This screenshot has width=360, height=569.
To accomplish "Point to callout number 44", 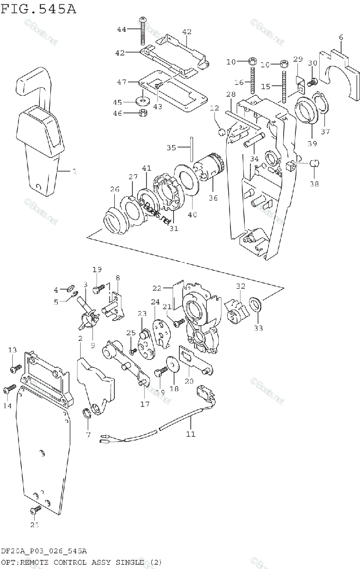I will [122, 29].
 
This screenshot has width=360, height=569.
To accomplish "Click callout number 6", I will [341, 37].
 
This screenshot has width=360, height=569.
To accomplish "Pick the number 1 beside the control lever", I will [74, 171].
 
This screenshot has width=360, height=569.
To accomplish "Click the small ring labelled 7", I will [87, 413].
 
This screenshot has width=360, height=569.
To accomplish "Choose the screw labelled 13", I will [17, 367].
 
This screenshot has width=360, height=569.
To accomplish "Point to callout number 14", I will [6, 406].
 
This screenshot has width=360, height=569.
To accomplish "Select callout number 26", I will [114, 190].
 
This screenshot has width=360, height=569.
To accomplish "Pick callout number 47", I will [122, 82].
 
